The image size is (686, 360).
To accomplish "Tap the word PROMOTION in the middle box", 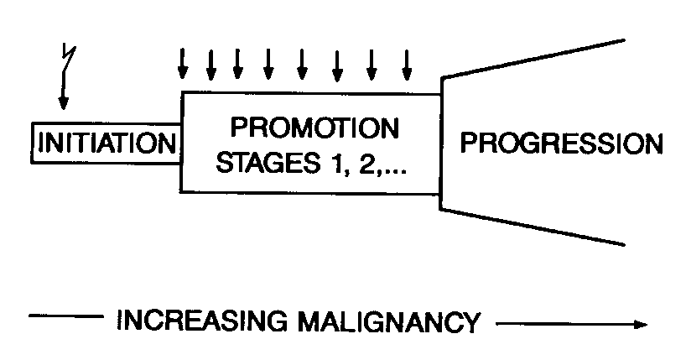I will click(x=314, y=129).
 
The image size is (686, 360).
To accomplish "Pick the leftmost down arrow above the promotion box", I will click(x=182, y=62).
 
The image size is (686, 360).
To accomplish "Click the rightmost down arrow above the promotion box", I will click(x=408, y=62).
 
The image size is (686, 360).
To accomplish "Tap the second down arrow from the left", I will click(x=210, y=62).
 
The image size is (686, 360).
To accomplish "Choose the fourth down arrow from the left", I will click(x=268, y=62).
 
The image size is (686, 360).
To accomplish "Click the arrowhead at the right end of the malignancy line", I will click(x=642, y=323).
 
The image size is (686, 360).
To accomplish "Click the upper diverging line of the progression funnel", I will click(x=533, y=58).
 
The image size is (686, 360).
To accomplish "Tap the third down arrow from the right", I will click(x=337, y=62).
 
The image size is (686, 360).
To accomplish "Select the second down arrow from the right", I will click(x=372, y=62).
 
